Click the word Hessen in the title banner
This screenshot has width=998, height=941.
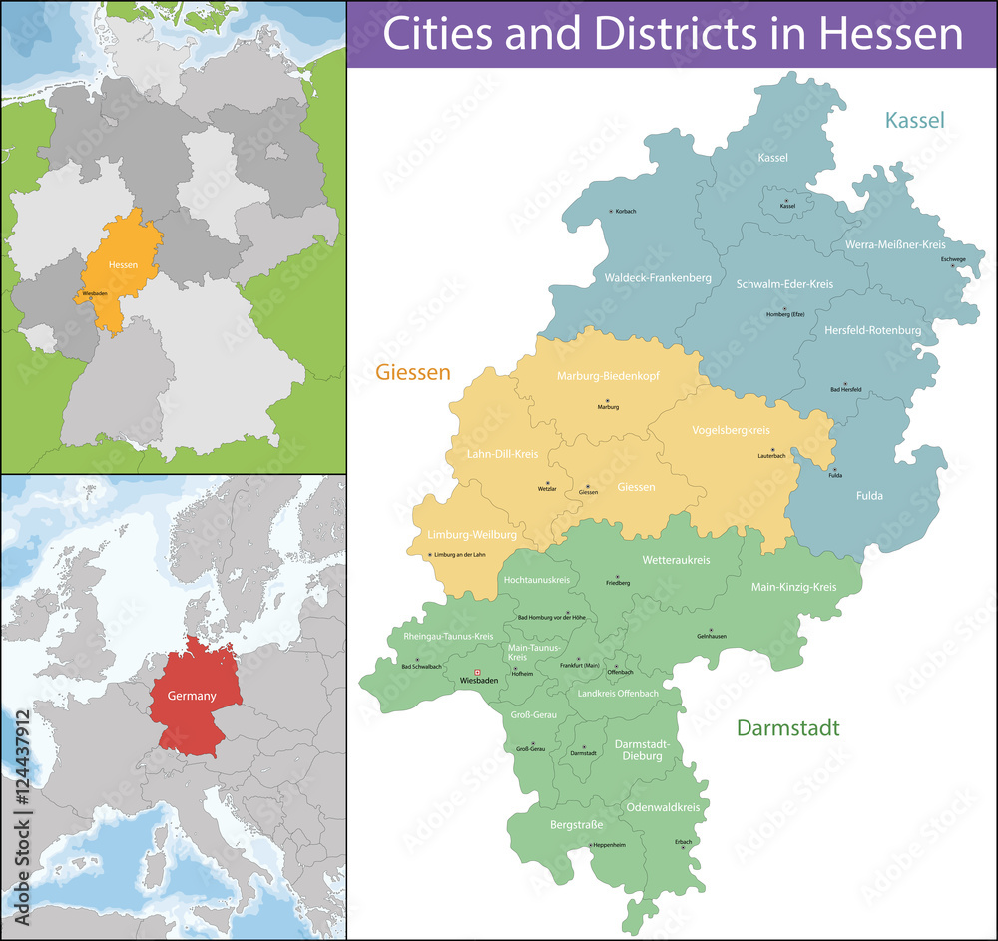891,34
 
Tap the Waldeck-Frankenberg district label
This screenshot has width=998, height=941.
658,278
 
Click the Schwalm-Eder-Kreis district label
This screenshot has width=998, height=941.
784,284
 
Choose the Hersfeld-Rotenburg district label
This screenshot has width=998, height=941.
872,330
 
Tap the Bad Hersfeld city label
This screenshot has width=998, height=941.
845,390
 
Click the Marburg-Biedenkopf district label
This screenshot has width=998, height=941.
607,377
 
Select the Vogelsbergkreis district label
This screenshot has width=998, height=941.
731,430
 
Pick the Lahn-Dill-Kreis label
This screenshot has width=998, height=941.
502,454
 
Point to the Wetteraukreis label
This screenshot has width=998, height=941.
676,560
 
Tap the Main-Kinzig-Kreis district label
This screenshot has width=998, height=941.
793,587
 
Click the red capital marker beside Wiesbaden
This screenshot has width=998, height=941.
477,672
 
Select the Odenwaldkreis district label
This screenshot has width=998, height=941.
663,806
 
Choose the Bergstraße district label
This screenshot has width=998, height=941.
577,825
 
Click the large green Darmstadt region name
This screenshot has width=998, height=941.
787,728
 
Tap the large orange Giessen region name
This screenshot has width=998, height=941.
413,373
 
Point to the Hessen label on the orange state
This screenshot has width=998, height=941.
123,264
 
